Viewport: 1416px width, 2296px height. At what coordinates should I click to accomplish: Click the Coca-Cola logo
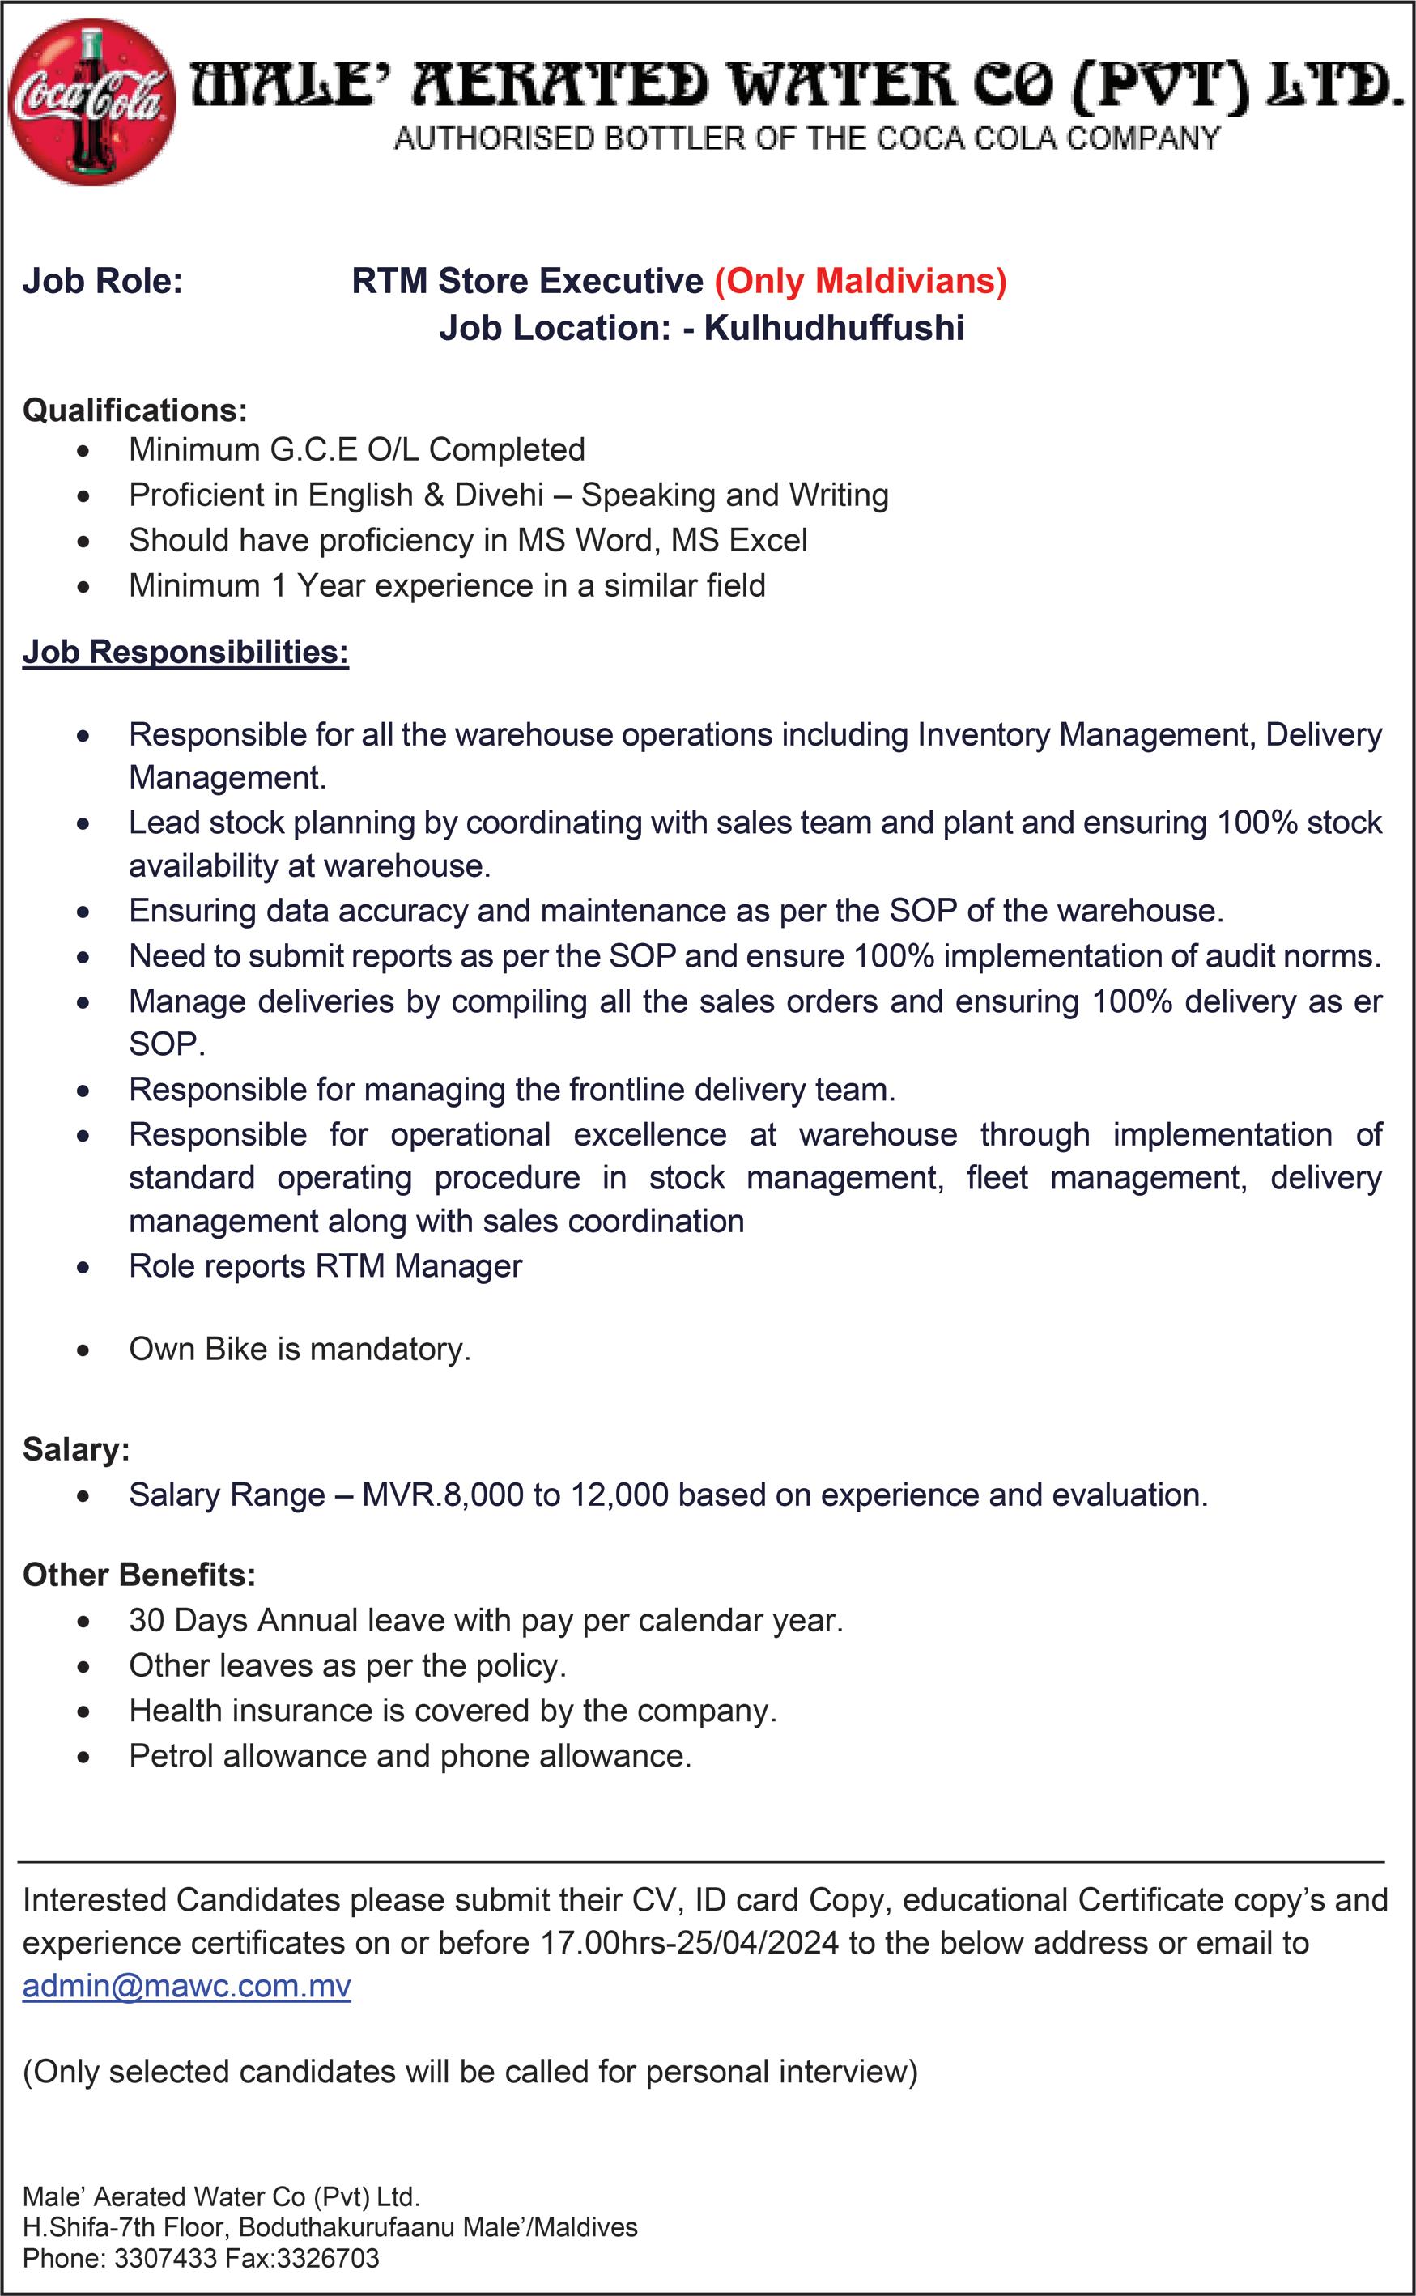coord(91,101)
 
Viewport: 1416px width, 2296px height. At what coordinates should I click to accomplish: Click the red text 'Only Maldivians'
coord(861,281)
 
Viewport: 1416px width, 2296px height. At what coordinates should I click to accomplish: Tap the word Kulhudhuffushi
coord(834,328)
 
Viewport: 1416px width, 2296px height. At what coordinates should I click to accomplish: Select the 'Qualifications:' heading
coord(135,410)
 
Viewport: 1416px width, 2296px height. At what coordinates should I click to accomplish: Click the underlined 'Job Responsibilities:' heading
coord(185,652)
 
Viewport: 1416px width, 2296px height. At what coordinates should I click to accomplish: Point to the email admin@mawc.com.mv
coord(186,1986)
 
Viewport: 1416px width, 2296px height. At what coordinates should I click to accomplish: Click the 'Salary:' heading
coord(76,1449)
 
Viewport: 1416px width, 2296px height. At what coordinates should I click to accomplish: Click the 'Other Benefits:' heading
coord(138,1575)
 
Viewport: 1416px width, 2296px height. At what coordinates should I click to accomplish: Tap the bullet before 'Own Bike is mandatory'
coord(84,1351)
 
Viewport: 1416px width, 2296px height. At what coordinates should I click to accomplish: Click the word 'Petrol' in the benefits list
coord(172,1756)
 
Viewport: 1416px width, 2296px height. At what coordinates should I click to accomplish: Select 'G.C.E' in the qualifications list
coord(314,449)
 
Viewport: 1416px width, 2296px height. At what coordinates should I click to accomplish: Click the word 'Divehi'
coord(498,495)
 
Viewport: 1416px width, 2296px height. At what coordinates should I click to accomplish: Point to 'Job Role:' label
coord(102,281)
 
